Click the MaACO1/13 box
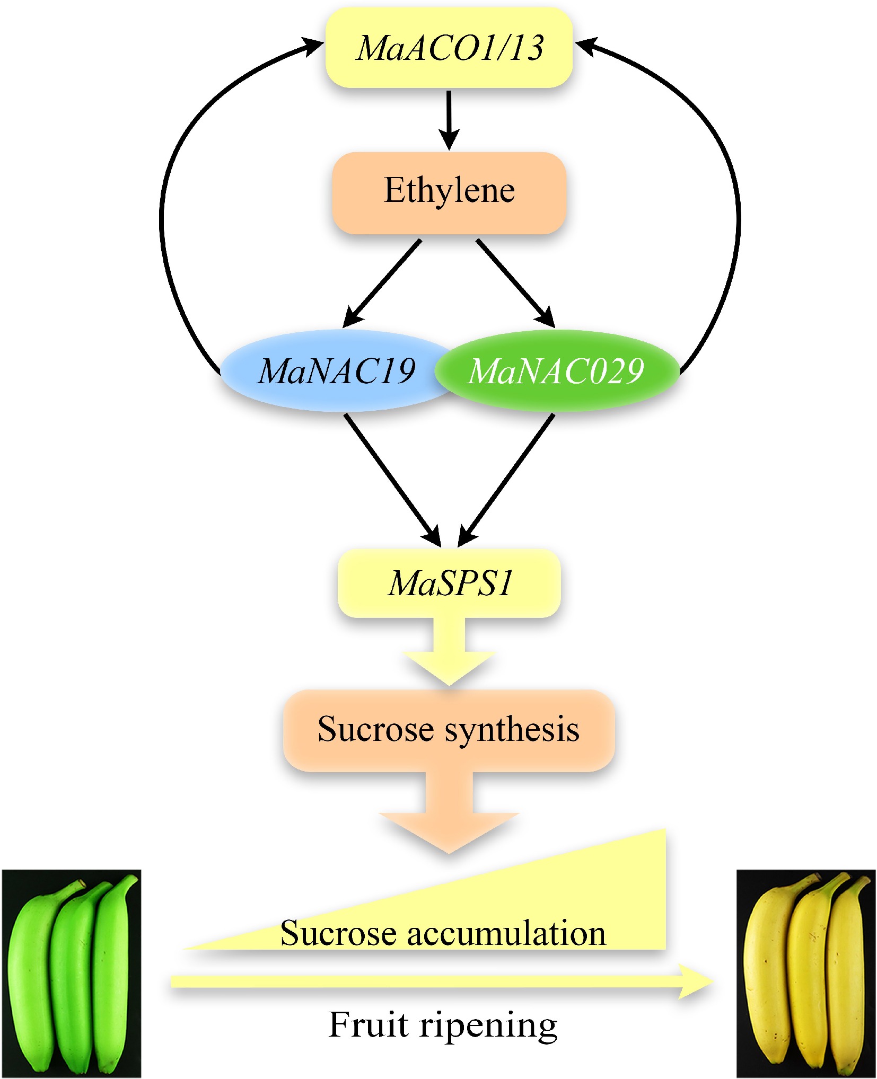[x=449, y=48]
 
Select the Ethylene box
[x=449, y=192]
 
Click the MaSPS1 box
[x=449, y=583]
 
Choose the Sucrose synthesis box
[x=449, y=730]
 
